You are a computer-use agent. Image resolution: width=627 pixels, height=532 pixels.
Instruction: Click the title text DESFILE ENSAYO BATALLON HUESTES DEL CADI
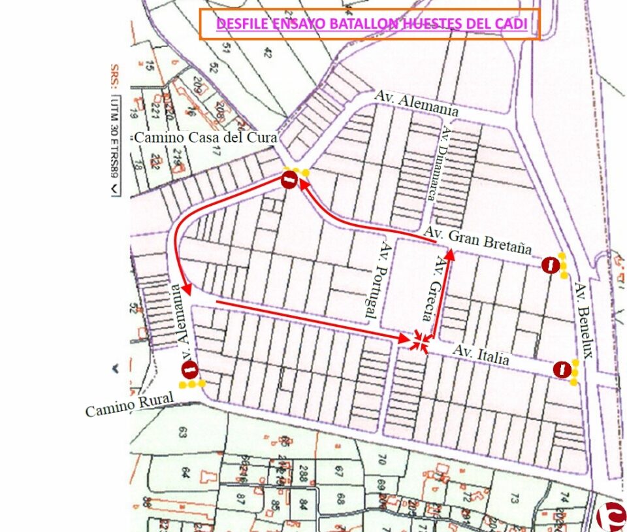(x=371, y=24)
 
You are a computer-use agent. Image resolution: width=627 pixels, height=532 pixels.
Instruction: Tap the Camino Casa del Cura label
(x=206, y=138)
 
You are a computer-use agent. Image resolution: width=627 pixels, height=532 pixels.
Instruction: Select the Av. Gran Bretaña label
(x=477, y=240)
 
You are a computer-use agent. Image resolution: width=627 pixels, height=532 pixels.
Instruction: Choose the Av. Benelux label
(x=584, y=320)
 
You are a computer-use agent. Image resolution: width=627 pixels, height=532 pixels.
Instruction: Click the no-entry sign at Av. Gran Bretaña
(x=551, y=265)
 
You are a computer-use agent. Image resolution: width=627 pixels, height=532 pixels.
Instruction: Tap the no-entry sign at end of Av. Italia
(x=561, y=370)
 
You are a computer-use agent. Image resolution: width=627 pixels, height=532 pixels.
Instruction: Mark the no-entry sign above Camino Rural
(x=189, y=370)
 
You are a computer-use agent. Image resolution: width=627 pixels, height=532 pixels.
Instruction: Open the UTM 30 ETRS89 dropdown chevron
(x=115, y=188)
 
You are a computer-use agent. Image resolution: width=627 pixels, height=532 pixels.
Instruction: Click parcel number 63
(x=182, y=431)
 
